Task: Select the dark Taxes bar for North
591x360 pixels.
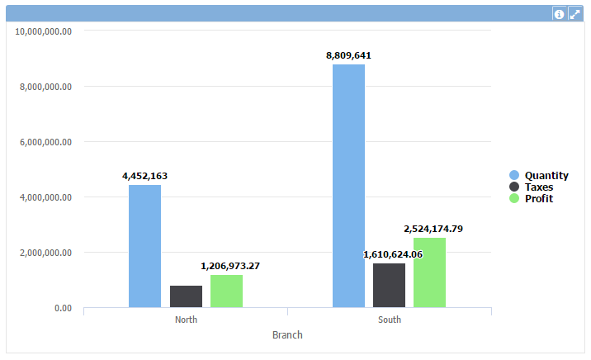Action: (186, 296)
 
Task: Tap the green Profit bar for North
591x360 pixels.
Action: (226, 291)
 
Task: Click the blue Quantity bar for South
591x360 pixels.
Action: (348, 186)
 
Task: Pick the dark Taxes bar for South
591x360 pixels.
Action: (389, 285)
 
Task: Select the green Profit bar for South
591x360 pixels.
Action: (429, 272)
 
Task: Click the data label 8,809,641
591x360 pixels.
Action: (348, 55)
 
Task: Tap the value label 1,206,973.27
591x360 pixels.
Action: (230, 266)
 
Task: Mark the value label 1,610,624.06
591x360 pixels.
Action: (393, 254)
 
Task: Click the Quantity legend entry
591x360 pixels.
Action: (546, 175)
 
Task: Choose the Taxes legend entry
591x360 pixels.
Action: (538, 187)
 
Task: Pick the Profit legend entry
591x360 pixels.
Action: (538, 198)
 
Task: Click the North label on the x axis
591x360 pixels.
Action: (186, 320)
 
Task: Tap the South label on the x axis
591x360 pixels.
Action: (390, 320)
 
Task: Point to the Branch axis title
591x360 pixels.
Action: (287, 335)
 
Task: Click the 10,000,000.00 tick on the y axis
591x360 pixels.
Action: (44, 31)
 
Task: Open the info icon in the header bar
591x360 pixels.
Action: (559, 14)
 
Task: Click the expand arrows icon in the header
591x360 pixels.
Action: (574, 14)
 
